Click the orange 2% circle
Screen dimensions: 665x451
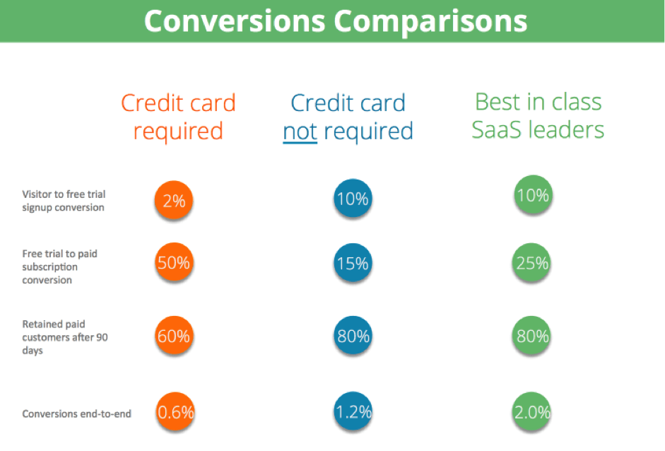point(174,200)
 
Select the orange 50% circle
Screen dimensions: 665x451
point(174,262)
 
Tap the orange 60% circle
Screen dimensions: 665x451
point(174,336)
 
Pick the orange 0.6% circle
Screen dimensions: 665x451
point(175,411)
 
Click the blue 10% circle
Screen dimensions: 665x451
point(353,198)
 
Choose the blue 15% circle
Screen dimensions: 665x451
point(353,263)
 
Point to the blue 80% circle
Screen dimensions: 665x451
point(353,336)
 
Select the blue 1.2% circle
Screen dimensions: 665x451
point(353,411)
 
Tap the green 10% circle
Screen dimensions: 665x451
point(533,194)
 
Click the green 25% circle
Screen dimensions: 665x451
point(532,263)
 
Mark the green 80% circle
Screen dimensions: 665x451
point(532,336)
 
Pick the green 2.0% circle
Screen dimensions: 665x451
point(532,411)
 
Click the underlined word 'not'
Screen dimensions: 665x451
point(300,131)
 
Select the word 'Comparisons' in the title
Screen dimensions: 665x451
point(430,22)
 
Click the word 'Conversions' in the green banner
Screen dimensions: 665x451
point(235,20)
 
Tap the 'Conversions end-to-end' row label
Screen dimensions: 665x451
point(77,414)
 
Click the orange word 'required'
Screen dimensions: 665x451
point(178,131)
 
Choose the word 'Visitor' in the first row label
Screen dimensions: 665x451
point(37,194)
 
